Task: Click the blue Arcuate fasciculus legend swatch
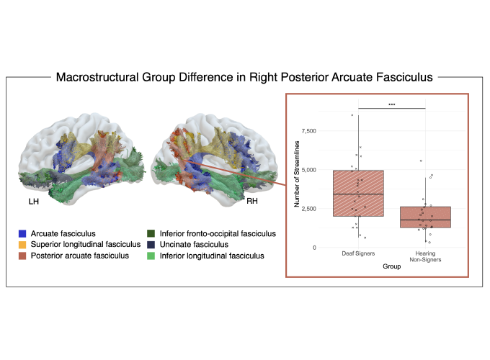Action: pyautogui.click(x=24, y=233)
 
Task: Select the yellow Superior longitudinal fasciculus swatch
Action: pyautogui.click(x=24, y=244)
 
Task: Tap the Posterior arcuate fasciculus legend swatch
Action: pyautogui.click(x=24, y=256)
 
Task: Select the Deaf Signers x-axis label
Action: pyautogui.click(x=358, y=255)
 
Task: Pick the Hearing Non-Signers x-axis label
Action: pyautogui.click(x=424, y=258)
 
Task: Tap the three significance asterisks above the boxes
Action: pyautogui.click(x=391, y=104)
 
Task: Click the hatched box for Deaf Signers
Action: pyautogui.click(x=358, y=193)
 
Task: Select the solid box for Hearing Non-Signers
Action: pyautogui.click(x=424, y=217)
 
